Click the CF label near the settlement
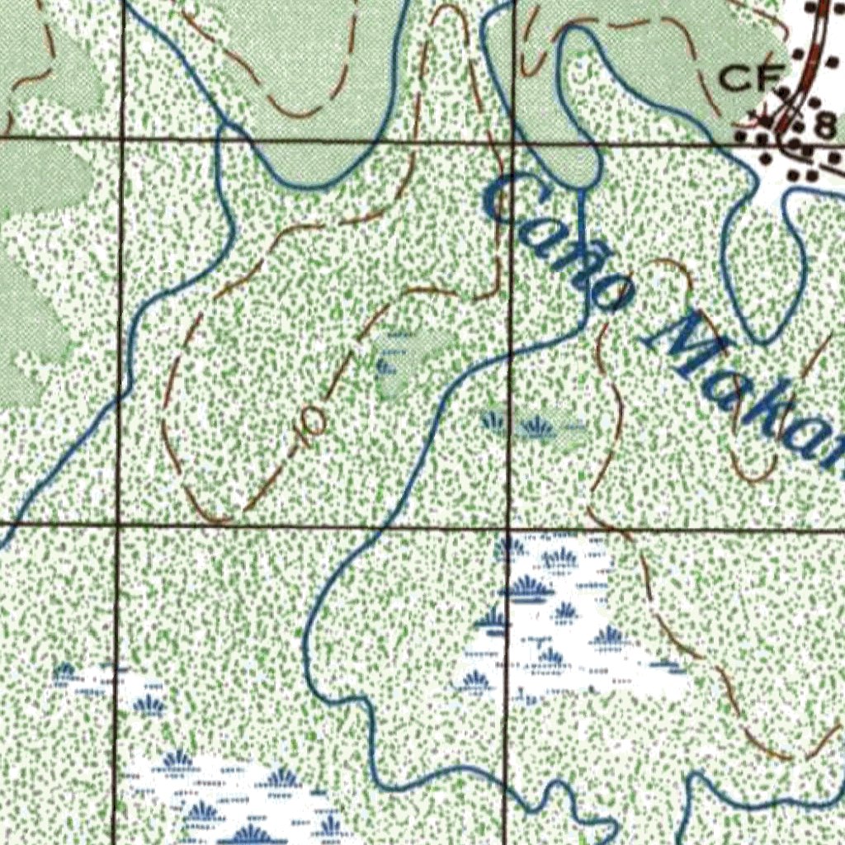point(750,79)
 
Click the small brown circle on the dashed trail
point(312,422)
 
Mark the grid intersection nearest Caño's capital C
point(512,142)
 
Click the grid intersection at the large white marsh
point(507,526)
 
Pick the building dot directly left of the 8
point(800,125)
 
